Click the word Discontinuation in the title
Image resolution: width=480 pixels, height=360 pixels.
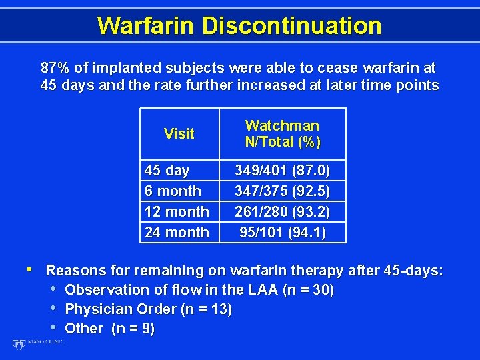[x=291, y=25]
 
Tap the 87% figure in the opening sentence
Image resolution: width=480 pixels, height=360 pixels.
[x=55, y=68]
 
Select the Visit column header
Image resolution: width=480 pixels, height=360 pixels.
[x=179, y=133]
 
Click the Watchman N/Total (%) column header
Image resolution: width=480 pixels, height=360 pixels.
[x=283, y=133]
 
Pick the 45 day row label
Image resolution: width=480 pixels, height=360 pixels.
[x=167, y=171]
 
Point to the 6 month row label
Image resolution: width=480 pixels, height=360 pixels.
[x=173, y=191]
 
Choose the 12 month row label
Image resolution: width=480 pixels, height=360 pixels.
[x=177, y=212]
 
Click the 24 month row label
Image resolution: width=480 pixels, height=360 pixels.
[x=177, y=233]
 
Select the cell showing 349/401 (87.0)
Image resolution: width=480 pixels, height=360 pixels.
[x=283, y=171]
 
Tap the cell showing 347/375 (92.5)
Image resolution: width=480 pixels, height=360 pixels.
[x=283, y=191]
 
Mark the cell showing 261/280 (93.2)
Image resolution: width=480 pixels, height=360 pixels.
[x=283, y=212]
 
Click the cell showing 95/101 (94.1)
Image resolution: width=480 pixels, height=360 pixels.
[x=283, y=233]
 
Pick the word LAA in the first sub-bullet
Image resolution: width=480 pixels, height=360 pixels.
[x=264, y=290]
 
